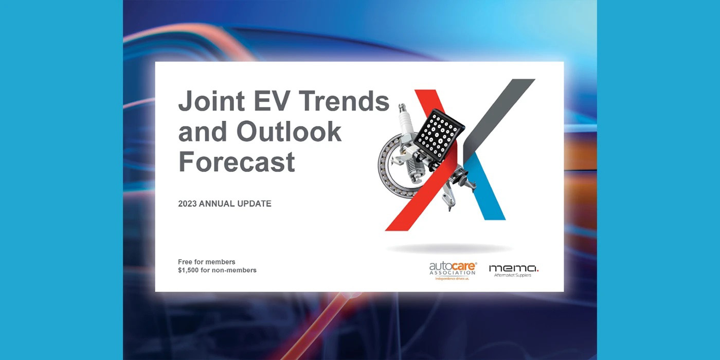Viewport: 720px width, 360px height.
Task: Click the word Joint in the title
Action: [x=211, y=101]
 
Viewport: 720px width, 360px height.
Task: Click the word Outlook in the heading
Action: [x=289, y=131]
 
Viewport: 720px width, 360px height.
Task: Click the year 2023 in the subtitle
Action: [x=187, y=204]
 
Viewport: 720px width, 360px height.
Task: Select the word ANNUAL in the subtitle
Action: [x=217, y=204]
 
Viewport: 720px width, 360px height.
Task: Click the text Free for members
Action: [x=207, y=262]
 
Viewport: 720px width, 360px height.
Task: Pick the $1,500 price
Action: [x=188, y=271]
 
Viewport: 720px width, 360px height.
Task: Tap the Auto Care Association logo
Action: [x=453, y=271]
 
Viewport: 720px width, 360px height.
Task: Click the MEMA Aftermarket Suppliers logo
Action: [x=513, y=271]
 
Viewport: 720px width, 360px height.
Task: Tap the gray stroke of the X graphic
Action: [x=499, y=119]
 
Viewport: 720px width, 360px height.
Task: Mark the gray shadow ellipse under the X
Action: [x=449, y=248]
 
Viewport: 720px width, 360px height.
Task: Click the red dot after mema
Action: [x=538, y=271]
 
